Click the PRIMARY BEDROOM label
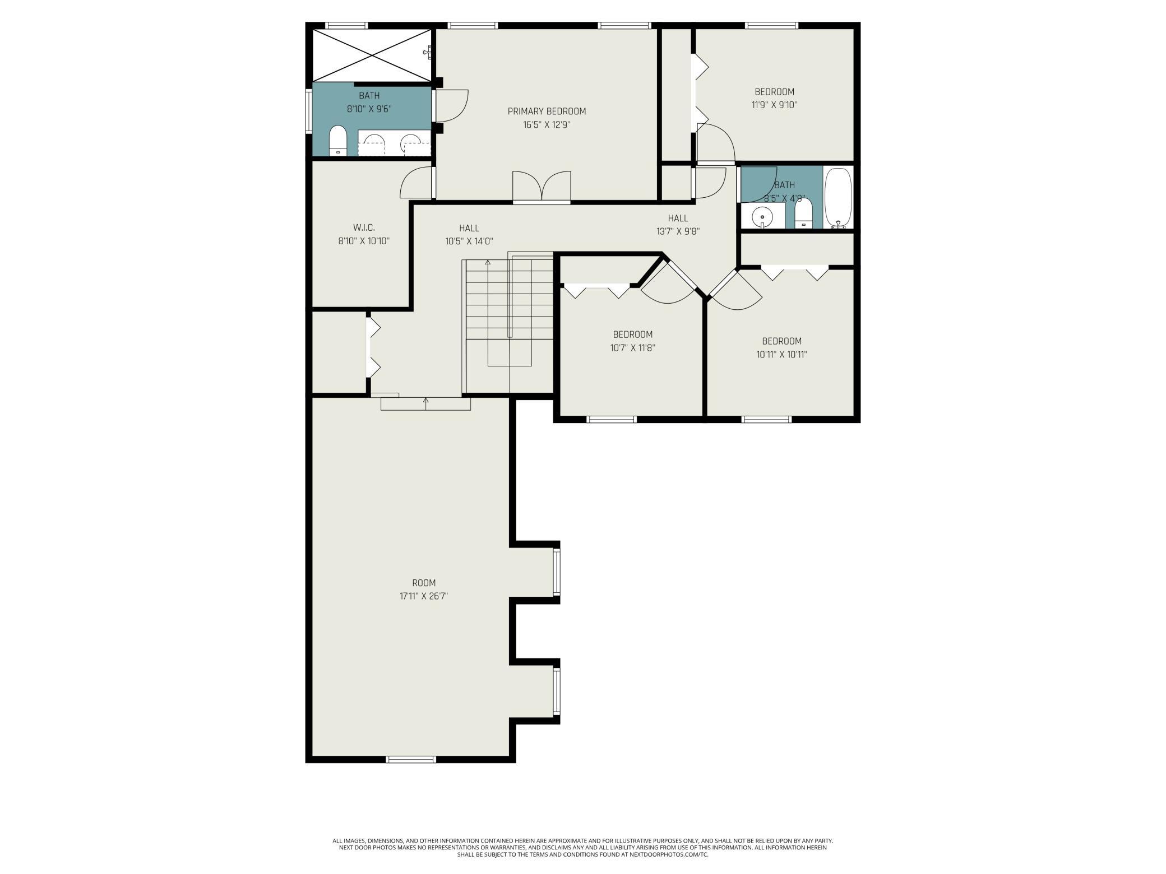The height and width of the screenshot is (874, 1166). pos(547,111)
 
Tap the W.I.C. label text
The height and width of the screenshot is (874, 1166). pos(364,228)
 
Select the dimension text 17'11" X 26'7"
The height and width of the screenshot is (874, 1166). pos(424,596)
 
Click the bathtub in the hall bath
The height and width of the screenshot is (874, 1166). pos(838,198)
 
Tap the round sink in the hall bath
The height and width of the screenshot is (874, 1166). pos(762,216)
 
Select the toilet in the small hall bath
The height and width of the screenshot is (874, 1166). pos(804,214)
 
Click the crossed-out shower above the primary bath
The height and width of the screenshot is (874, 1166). pos(372,55)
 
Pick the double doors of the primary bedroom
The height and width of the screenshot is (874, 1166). pos(542,186)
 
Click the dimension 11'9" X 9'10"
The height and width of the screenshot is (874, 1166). pos(775,105)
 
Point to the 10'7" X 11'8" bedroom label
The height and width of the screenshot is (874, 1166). pos(633,341)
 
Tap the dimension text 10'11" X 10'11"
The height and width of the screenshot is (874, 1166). pos(782,355)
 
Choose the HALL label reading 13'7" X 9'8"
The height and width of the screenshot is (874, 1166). pos(678,224)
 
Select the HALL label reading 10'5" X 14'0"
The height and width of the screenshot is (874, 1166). pos(469,235)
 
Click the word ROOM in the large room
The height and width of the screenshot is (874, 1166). pos(424,583)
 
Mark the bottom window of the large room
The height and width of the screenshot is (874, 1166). pos(411,759)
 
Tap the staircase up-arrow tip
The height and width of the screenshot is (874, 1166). pos(488,261)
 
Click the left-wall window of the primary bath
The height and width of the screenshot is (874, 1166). pos(309,111)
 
